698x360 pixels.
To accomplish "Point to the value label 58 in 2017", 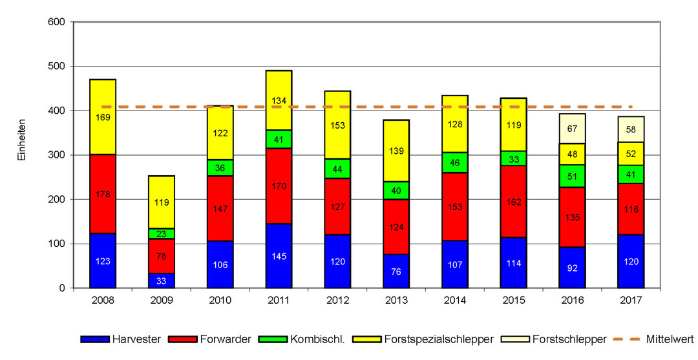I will pos(631,130).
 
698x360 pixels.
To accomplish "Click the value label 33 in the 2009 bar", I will pos(162,281).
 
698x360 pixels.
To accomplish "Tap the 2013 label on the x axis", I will pos(396,301).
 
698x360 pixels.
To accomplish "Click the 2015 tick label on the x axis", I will pos(513,301).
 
